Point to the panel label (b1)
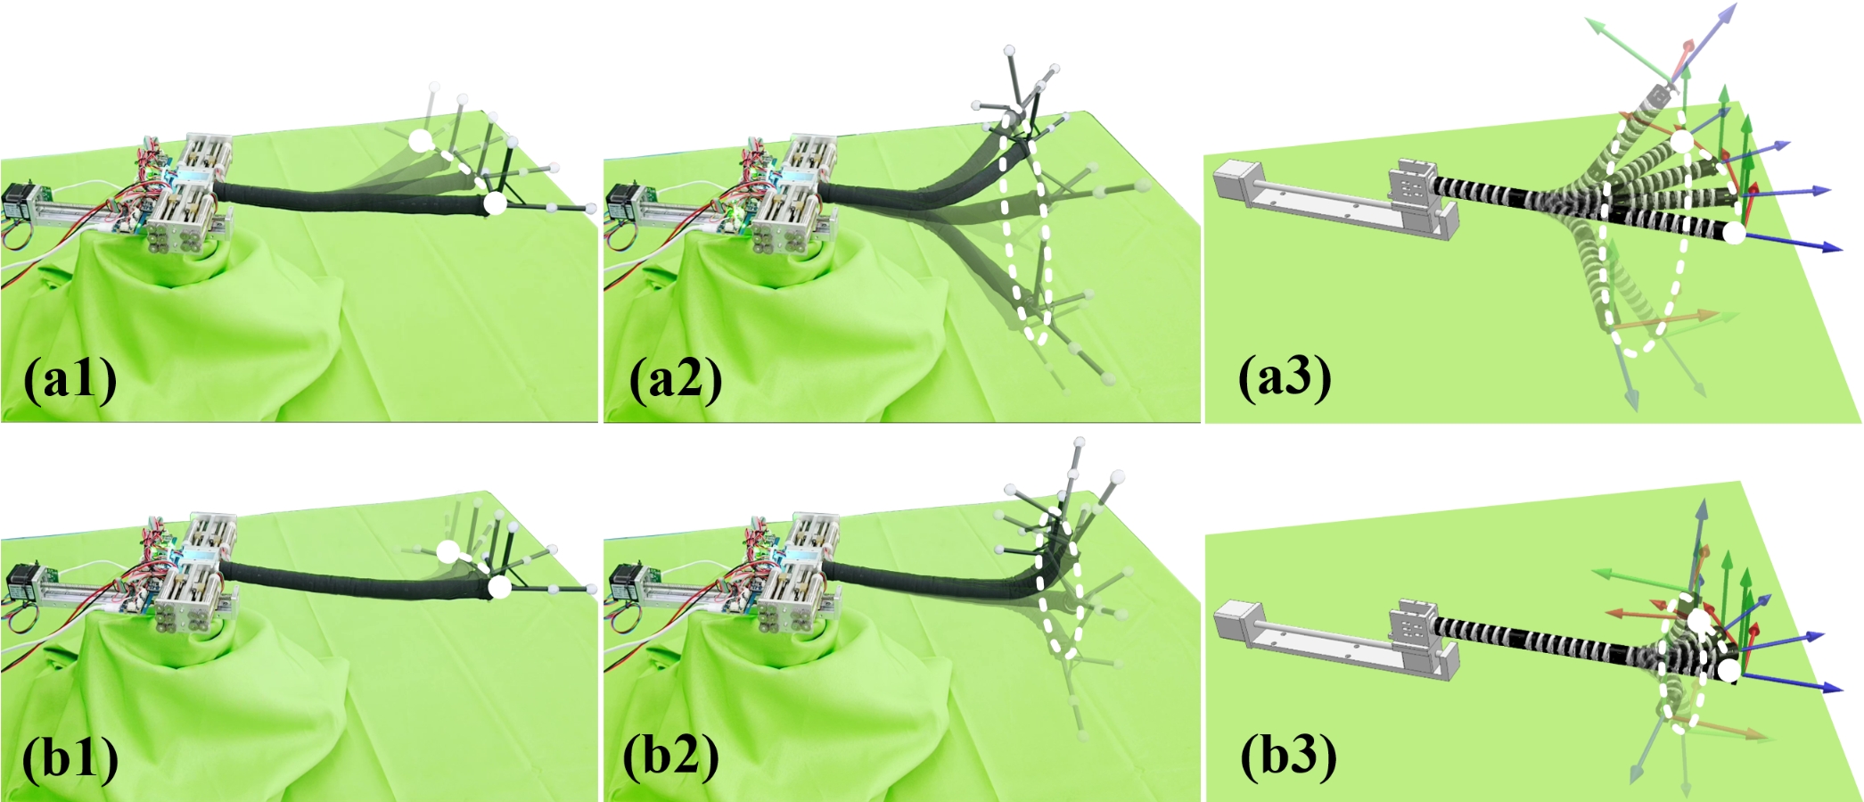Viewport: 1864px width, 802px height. pyautogui.click(x=70, y=759)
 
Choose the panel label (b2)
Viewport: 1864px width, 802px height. pyautogui.click(x=670, y=757)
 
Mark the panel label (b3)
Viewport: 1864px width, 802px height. pyautogui.click(x=1288, y=757)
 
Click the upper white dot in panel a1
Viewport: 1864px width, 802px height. pyautogui.click(x=419, y=140)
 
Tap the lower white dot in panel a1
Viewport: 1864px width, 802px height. pyautogui.click(x=495, y=203)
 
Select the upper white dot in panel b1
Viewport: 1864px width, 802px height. pyautogui.click(x=448, y=551)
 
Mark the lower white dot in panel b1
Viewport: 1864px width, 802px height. pyautogui.click(x=500, y=587)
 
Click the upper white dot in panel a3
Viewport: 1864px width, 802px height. pyautogui.click(x=1681, y=141)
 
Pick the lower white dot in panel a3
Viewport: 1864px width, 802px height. pyautogui.click(x=1734, y=233)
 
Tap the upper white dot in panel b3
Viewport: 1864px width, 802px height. pyautogui.click(x=1699, y=620)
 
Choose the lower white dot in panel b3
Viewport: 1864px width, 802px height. pyautogui.click(x=1729, y=671)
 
